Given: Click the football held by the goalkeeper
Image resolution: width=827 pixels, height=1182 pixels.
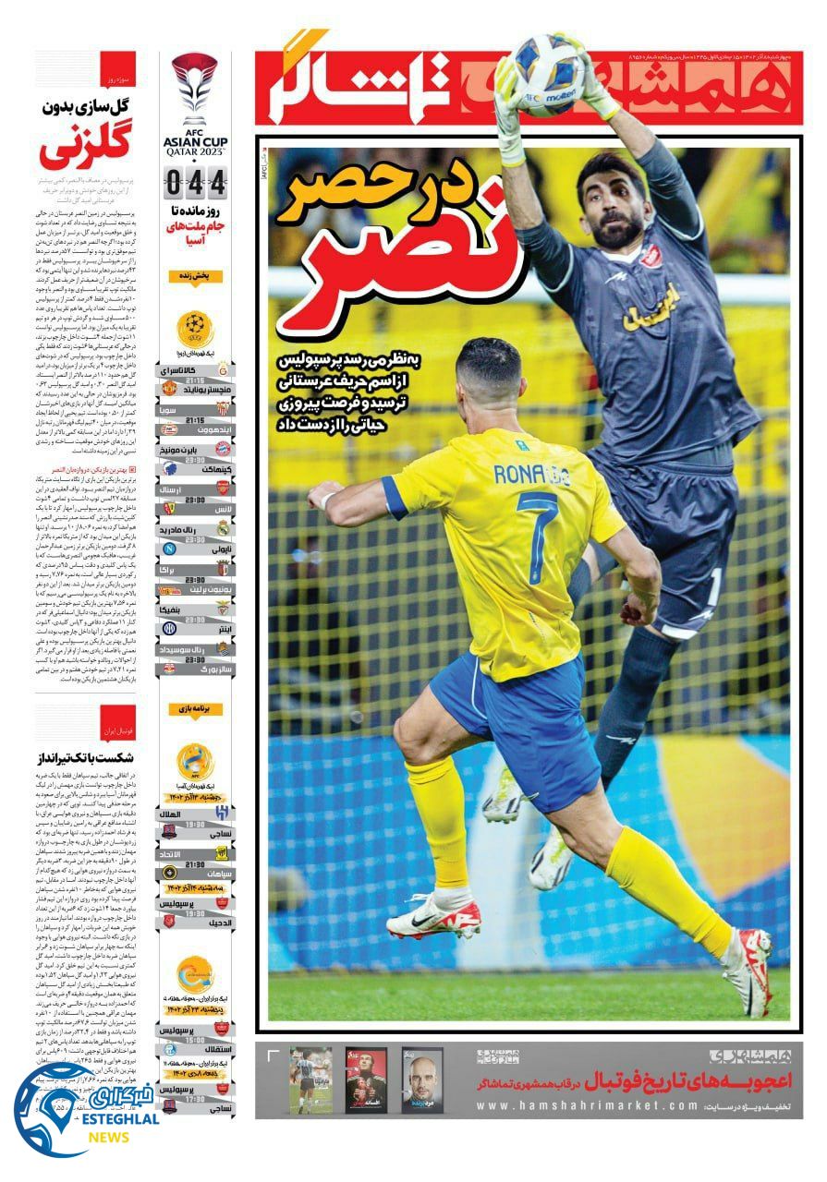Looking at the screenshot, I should (x=550, y=73).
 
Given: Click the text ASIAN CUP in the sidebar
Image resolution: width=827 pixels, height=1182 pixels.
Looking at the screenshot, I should (x=194, y=141).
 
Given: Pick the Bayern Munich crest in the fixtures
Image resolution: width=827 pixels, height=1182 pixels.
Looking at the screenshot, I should (x=222, y=450).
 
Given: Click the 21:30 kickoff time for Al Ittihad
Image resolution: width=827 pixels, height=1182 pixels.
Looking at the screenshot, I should (x=195, y=865).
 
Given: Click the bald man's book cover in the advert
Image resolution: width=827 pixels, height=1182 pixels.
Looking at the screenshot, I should (x=421, y=1080).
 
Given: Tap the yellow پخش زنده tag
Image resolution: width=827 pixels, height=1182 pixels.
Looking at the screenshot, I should (x=195, y=276).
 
